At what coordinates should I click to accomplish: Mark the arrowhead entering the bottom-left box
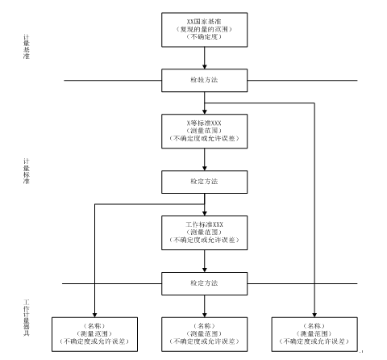(94, 313)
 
